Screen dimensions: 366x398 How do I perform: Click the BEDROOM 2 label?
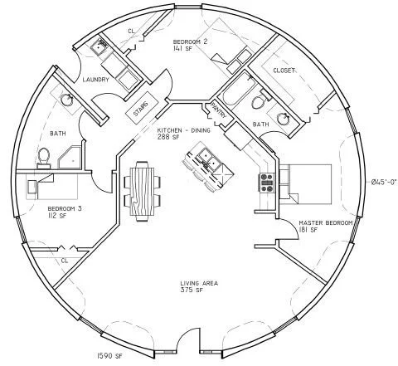191,41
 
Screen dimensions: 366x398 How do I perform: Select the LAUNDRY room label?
97,80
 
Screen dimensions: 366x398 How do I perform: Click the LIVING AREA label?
199,284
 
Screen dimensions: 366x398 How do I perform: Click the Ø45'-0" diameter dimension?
382,181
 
